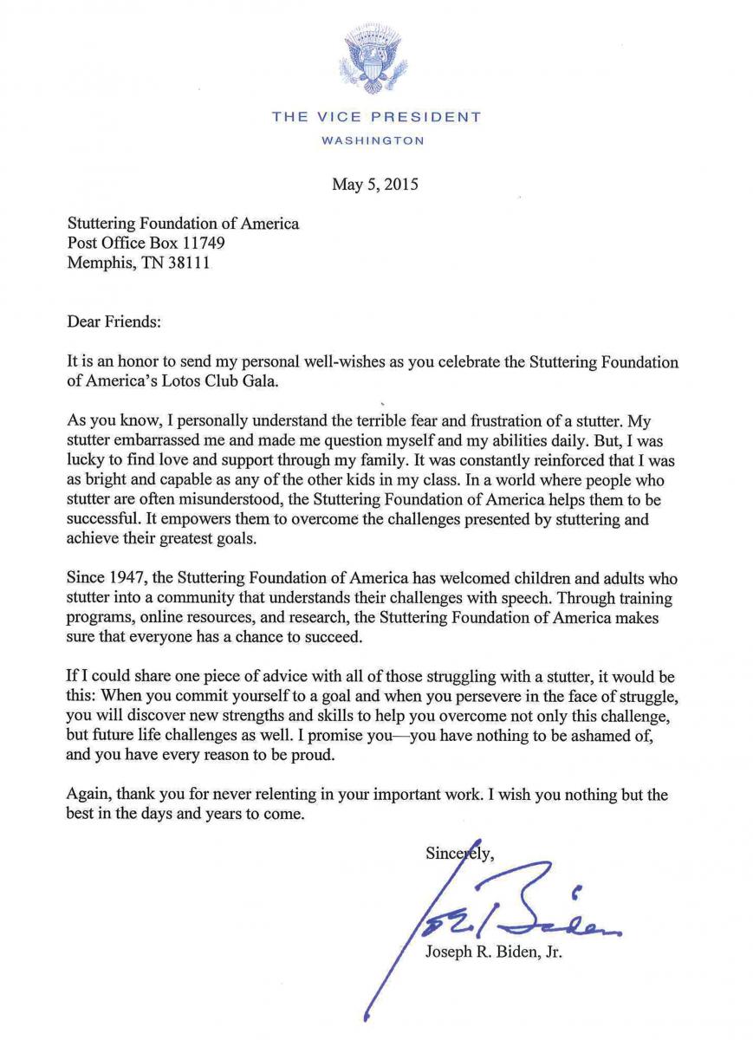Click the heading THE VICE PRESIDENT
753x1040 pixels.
pos(375,117)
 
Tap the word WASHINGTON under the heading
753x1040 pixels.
pos(375,140)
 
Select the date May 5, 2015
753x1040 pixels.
pos(376,184)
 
